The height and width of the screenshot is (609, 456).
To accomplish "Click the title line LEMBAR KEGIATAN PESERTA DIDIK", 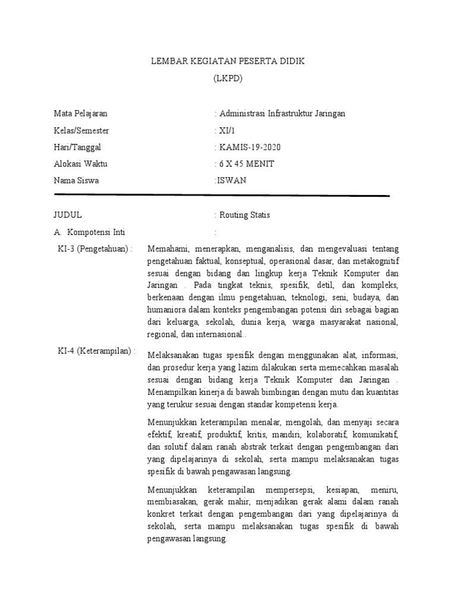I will [227, 62].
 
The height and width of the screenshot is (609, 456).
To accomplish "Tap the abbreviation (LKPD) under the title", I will [228, 79].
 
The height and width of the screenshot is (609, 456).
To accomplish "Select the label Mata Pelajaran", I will [81, 114].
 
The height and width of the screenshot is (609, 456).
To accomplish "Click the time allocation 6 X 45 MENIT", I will [246, 164].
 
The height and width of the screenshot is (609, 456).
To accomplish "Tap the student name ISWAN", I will [230, 181].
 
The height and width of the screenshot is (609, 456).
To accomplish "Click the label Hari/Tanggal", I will [78, 147].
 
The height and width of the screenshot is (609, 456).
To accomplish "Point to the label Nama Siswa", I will [76, 181].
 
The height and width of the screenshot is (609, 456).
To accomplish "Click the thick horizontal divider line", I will [221, 195].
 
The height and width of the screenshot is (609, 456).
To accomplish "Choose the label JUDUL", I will [68, 215].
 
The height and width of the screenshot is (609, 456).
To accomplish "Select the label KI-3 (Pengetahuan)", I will [95, 249].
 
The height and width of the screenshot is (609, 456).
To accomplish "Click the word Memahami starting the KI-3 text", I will [167, 249].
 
